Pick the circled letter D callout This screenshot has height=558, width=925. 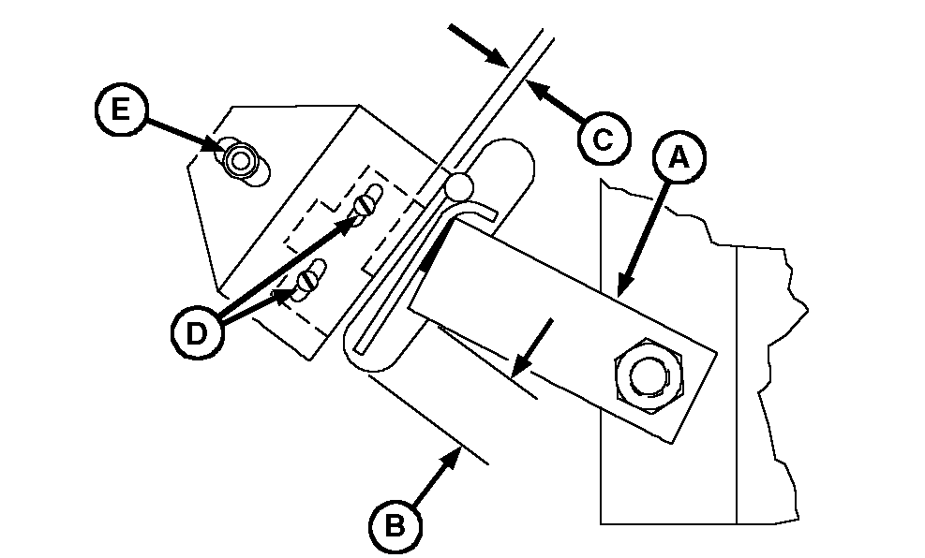[x=196, y=331]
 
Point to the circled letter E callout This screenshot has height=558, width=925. [x=118, y=110]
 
